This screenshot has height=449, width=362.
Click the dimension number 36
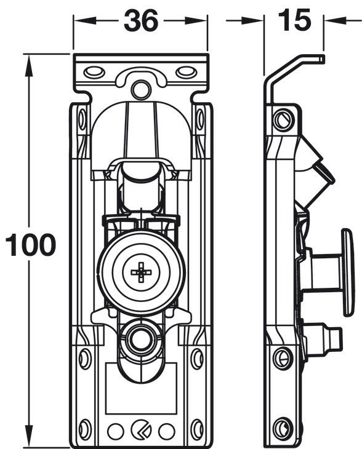(141, 20)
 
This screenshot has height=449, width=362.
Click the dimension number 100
(31, 245)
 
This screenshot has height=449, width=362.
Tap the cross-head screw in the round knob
(141, 272)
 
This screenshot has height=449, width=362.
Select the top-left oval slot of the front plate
(94, 73)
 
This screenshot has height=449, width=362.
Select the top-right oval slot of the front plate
(187, 73)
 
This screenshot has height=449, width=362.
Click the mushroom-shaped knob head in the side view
(348, 272)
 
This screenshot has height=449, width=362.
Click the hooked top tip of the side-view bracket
(322, 58)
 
